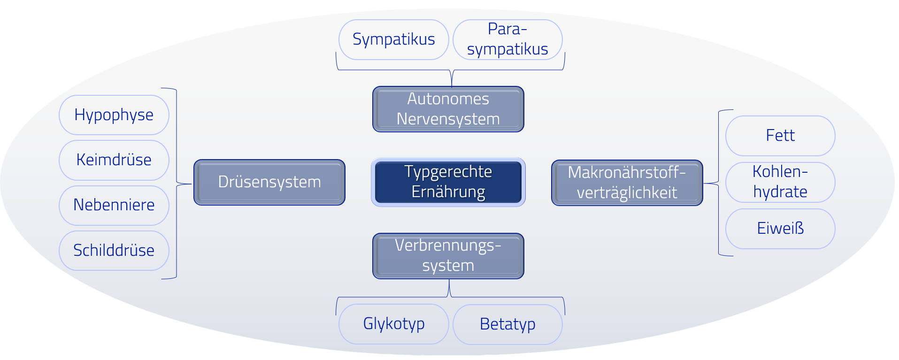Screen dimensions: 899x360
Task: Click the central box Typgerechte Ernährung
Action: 448,182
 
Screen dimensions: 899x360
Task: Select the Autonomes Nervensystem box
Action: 448,109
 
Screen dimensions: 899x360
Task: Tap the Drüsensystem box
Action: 269,182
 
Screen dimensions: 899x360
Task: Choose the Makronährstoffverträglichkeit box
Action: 627,183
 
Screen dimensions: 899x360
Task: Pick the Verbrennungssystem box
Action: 448,256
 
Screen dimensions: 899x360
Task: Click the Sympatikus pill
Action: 394,39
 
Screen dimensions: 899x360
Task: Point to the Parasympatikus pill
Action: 507,39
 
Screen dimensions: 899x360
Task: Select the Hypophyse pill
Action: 114,115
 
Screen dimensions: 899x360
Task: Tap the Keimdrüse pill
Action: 114,160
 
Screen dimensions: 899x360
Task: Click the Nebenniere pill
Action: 114,205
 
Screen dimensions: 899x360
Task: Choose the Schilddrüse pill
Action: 114,251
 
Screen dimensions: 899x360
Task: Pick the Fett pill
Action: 780,136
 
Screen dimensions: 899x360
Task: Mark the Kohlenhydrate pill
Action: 780,182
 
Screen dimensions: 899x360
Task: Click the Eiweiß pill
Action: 780,229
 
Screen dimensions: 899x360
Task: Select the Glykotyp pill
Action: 394,324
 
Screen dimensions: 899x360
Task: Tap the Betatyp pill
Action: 507,324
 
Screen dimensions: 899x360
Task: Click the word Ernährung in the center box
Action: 448,192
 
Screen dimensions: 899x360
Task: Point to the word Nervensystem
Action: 448,119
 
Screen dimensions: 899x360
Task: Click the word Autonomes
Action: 448,99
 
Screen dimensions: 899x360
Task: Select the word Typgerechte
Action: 448,172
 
